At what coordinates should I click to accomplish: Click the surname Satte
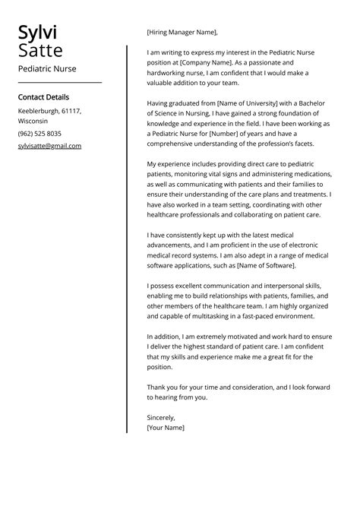pyautogui.click(x=40, y=51)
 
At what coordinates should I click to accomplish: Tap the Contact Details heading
pyautogui.click(x=43, y=97)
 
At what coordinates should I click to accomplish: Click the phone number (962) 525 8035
pyautogui.click(x=39, y=133)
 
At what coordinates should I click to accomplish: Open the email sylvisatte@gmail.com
pyautogui.click(x=49, y=146)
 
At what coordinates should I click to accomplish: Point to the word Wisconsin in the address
pyautogui.click(x=33, y=121)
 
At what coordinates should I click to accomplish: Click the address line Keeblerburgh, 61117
pyautogui.click(x=49, y=111)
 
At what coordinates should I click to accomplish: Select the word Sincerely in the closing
pyautogui.click(x=161, y=417)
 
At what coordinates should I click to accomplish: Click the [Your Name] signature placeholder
pyautogui.click(x=166, y=428)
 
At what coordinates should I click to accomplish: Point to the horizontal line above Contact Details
pyautogui.click(x=59, y=82)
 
